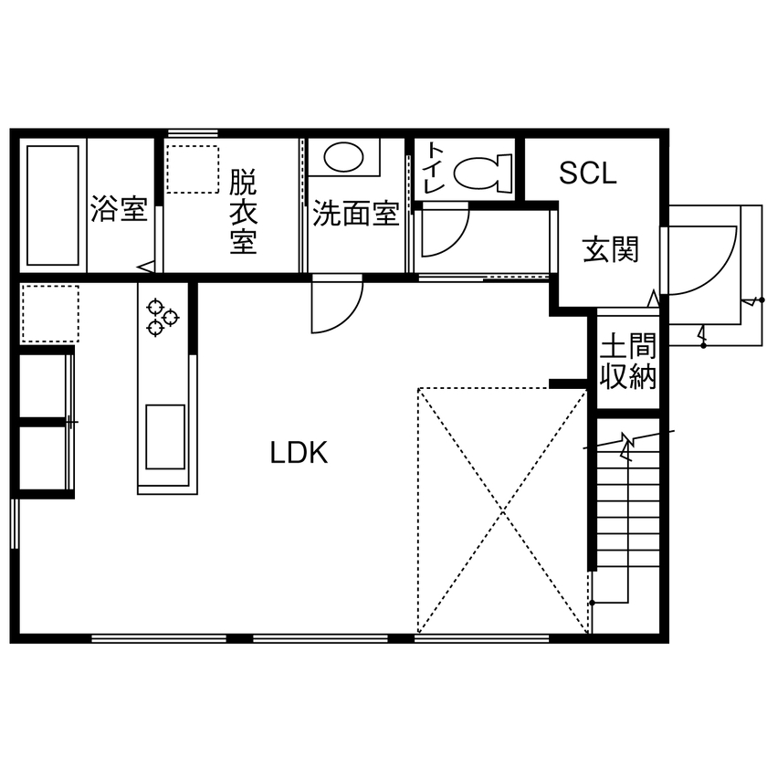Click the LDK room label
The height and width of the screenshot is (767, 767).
coord(299,452)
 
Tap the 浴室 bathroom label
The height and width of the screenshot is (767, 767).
coord(119,209)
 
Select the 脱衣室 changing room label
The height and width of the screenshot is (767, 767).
coord(243,211)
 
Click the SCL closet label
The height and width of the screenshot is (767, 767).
coord(588,173)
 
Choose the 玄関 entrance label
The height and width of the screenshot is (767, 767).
coord(610,248)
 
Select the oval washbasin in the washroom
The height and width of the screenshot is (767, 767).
coord(343,157)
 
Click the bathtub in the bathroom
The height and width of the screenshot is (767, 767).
coord(53,205)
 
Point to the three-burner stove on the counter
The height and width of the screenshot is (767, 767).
coord(162,315)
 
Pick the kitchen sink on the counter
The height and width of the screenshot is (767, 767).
coord(165,436)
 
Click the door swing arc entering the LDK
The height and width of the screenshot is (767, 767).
coord(336,306)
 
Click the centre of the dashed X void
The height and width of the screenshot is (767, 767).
coord(501,510)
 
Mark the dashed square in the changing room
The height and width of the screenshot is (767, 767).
coord(193,168)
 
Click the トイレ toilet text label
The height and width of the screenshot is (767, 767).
coord(434,166)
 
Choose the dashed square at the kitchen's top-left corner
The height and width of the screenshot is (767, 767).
coord(49,312)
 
